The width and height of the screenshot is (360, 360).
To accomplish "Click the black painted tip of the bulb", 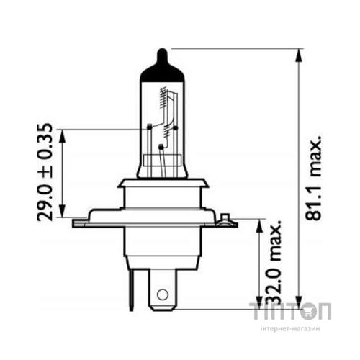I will (163, 71).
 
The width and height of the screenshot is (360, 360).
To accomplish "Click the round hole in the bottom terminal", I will (163, 294).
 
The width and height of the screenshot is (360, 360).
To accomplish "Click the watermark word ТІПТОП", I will (290, 312).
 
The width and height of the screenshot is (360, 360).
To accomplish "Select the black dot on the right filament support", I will (175, 128).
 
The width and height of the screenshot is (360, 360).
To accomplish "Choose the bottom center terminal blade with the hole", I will (163, 288).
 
